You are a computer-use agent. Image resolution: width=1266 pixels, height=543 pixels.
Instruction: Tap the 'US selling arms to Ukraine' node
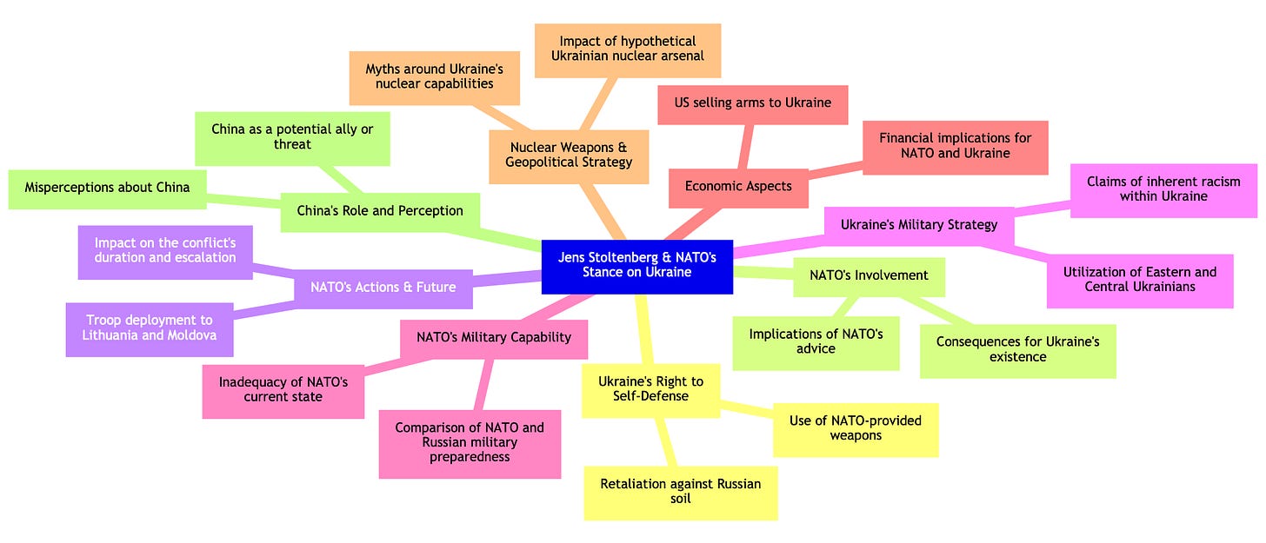[753, 103]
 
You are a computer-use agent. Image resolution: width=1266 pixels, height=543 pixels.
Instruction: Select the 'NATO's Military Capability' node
[493, 338]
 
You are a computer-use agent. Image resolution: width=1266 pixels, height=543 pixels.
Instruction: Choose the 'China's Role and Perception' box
[380, 211]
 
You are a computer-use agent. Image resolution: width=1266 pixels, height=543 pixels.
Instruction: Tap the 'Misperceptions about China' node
[107, 189]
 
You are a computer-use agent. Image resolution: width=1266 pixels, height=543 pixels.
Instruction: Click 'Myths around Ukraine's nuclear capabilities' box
[434, 76]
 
